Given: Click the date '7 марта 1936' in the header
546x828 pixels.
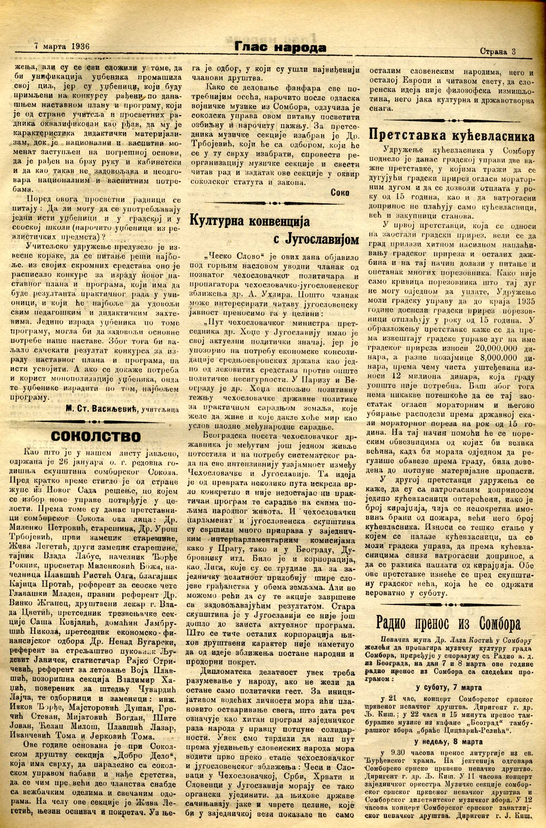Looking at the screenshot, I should (62, 46).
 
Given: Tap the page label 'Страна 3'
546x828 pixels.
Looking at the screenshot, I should (498, 51).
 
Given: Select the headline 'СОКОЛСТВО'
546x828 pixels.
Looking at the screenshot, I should (96, 436).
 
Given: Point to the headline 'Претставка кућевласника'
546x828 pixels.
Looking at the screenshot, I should (452, 135).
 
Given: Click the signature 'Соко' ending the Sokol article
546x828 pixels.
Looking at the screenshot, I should (340, 192).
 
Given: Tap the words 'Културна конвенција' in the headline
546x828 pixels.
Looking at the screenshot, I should (250, 221).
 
